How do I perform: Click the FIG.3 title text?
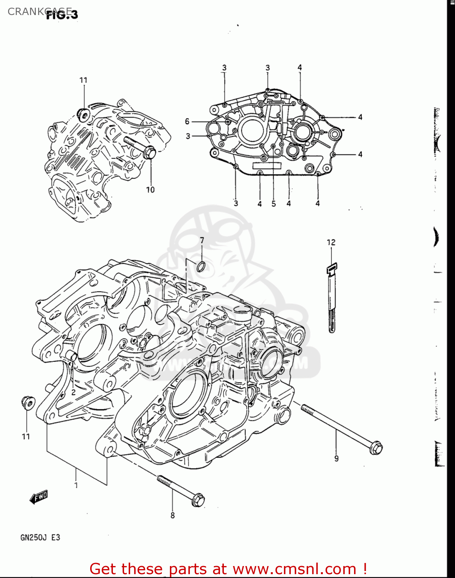[x=62, y=14]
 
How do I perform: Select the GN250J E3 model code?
[x=40, y=538]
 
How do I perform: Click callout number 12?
[x=331, y=242]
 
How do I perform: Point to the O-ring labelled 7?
[x=201, y=266]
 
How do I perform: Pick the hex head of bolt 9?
[x=376, y=448]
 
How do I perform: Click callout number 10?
[x=150, y=190]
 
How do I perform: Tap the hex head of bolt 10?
[x=149, y=153]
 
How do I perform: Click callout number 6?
[x=187, y=122]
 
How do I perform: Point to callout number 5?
[x=274, y=204]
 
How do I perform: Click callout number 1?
[x=76, y=485]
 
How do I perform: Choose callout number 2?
[x=73, y=393]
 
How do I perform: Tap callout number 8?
[x=173, y=516]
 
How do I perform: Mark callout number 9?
[x=336, y=459]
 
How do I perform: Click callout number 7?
[x=202, y=240]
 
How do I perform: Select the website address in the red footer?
[x=295, y=569]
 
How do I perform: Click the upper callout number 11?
[x=84, y=80]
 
